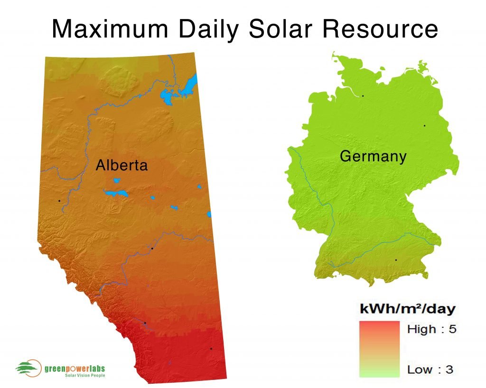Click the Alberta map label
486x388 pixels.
point(121,165)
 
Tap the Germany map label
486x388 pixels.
point(373,156)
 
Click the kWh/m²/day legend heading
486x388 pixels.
point(408,309)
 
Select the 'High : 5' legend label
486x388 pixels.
point(431,329)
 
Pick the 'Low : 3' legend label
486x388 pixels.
point(430,370)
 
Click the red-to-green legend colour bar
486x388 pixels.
point(379,349)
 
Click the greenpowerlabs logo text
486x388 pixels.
point(75,369)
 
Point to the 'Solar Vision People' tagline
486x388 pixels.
point(84,376)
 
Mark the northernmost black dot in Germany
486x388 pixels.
point(363,96)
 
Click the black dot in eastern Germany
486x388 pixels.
point(424,126)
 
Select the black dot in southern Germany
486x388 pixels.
point(396,260)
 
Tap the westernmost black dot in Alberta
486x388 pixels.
point(59,201)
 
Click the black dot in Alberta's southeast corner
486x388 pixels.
point(211,349)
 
